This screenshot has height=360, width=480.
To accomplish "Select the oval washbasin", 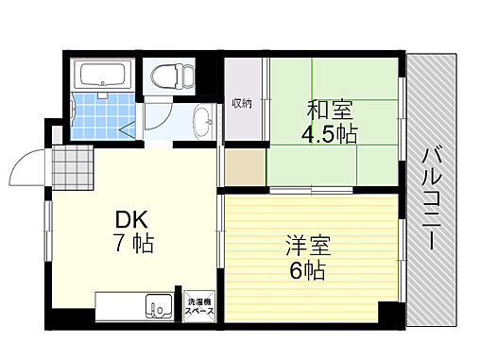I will (202, 120).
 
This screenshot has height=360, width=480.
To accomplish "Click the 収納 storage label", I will (242, 104).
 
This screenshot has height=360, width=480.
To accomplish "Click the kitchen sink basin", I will (157, 307).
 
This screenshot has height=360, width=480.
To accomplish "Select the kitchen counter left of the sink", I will (119, 307).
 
